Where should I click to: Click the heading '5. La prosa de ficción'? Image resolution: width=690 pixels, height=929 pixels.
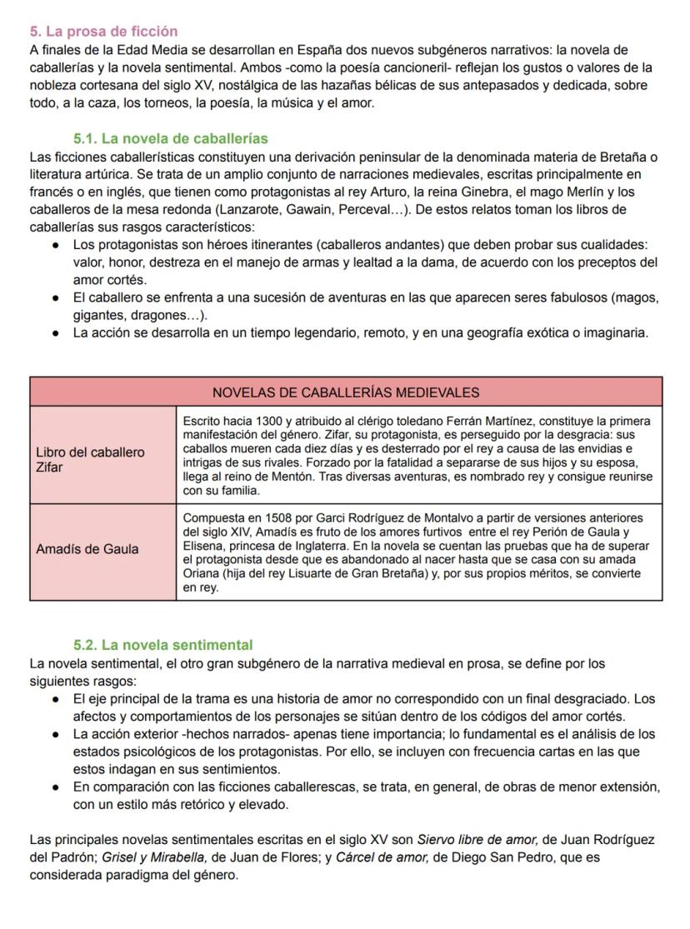(x=103, y=32)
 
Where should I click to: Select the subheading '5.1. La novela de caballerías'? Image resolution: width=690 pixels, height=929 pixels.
(x=171, y=138)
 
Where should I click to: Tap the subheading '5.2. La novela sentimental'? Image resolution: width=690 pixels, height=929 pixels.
(x=163, y=645)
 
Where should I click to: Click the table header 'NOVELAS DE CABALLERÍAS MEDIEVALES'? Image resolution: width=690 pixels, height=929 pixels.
(x=346, y=392)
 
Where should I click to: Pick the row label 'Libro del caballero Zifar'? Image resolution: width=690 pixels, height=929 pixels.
(x=90, y=460)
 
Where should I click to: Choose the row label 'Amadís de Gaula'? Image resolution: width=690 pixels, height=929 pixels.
(x=87, y=549)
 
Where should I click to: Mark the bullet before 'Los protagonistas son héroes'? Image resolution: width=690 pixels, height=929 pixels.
(x=55, y=245)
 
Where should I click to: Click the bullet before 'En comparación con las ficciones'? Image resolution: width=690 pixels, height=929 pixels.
(x=55, y=787)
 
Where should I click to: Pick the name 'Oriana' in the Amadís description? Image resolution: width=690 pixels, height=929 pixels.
(x=201, y=574)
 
